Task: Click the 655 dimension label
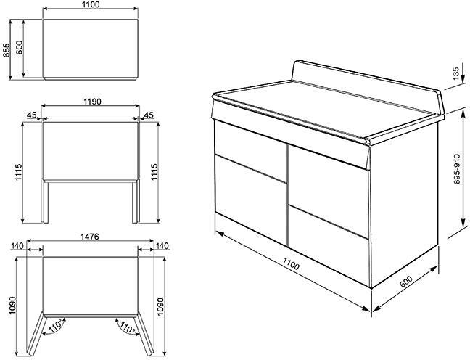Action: click(7, 49)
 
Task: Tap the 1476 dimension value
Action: click(90, 237)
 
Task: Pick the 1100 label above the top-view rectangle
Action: click(90, 6)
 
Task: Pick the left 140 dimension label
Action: click(16, 247)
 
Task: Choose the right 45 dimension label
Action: click(149, 114)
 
